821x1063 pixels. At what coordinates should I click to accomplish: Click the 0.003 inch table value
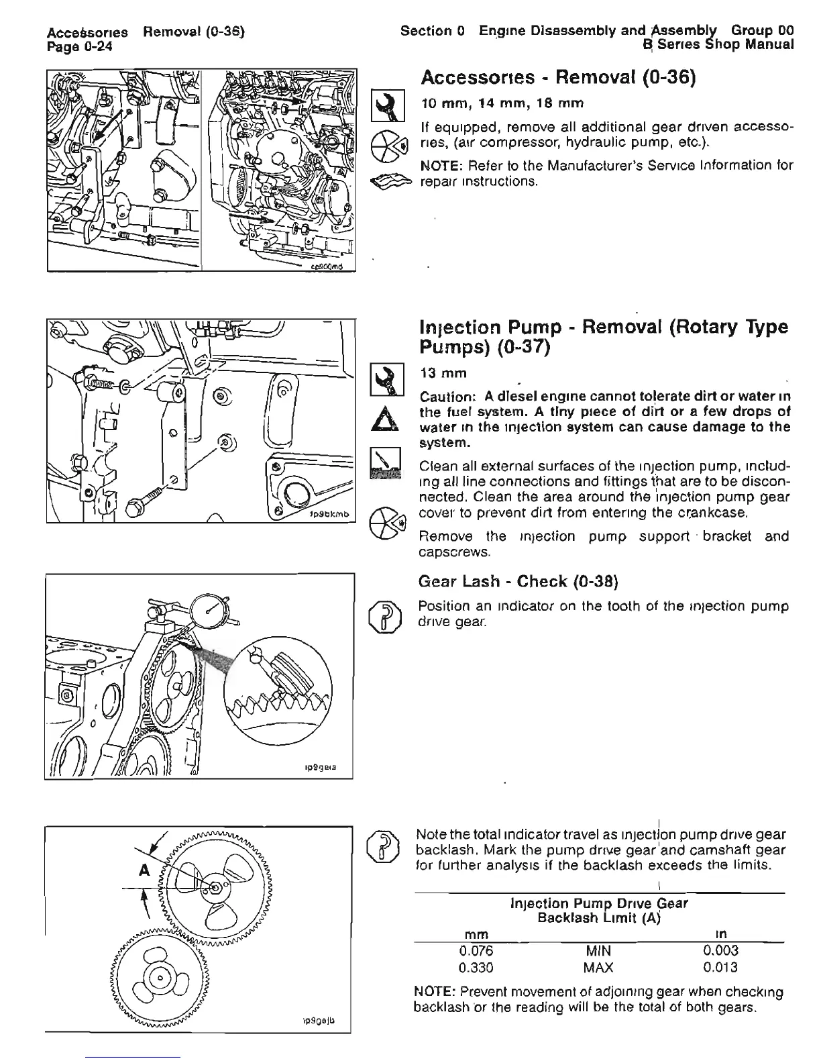click(720, 950)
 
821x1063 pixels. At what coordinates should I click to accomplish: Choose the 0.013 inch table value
click(720, 967)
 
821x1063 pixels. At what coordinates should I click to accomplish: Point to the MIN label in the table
click(598, 950)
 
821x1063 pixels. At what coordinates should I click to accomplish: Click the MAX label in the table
click(598, 967)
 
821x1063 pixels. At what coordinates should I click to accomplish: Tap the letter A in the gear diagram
click(142, 870)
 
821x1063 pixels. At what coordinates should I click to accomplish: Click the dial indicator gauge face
click(211, 609)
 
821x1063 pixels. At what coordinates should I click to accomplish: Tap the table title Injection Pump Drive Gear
click(599, 903)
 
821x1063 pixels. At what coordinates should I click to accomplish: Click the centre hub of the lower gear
click(159, 976)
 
